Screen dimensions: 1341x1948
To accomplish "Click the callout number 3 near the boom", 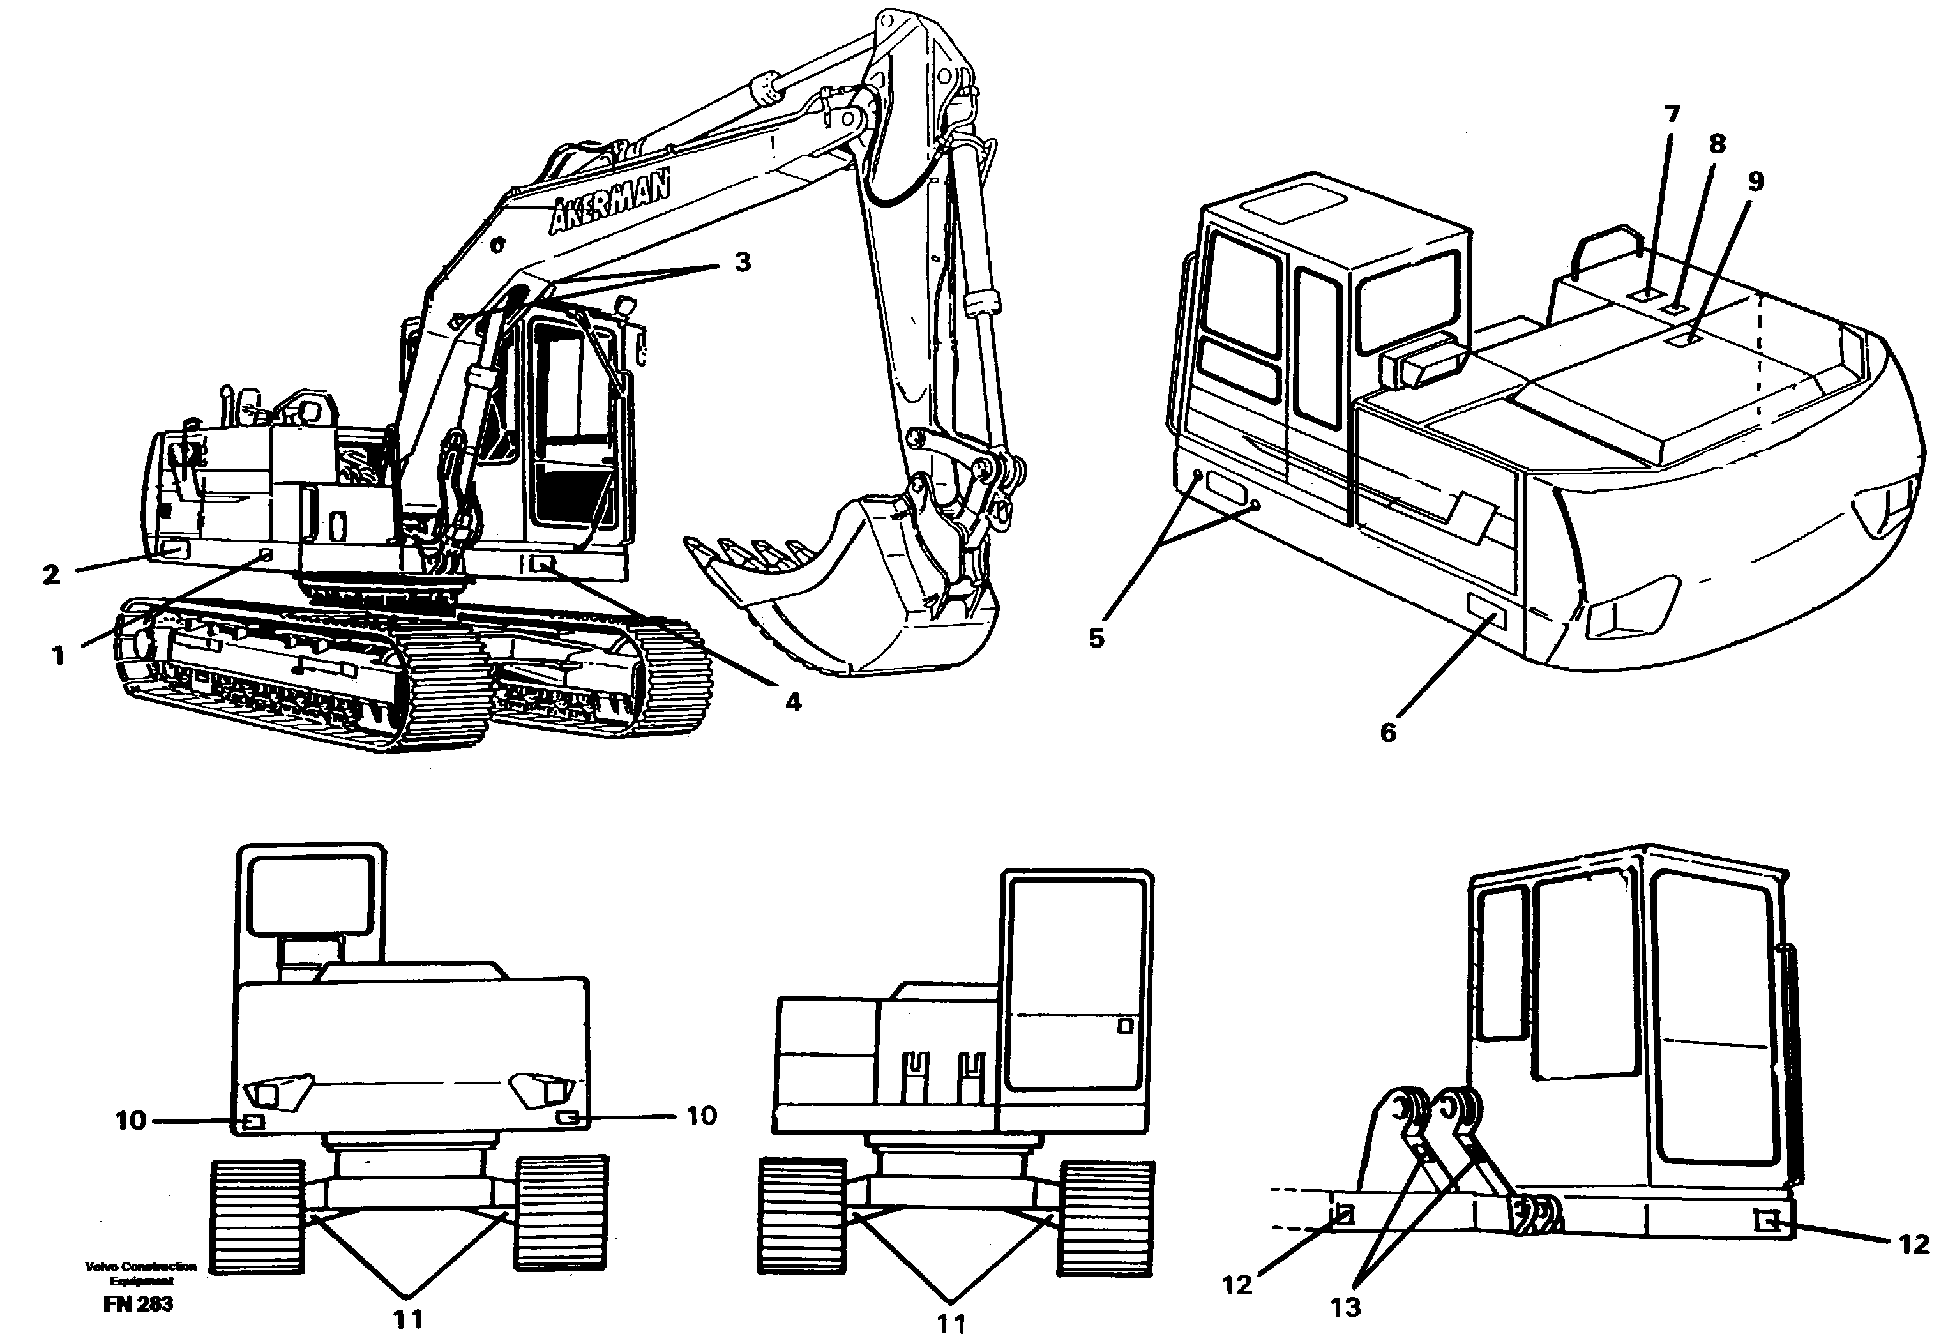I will [x=742, y=262].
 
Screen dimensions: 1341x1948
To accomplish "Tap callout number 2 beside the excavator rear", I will [x=51, y=575].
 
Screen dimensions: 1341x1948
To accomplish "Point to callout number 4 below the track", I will [x=793, y=702].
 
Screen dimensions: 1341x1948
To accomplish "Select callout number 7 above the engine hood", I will [x=1672, y=114].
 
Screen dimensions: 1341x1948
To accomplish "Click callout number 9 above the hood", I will [x=1756, y=181].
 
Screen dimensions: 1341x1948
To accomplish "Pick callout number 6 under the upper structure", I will [x=1387, y=732].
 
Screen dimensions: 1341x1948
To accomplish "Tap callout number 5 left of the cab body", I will [x=1096, y=639].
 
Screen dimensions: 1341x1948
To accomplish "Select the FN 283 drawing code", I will [x=139, y=1303].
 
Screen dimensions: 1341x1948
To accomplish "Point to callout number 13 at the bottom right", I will [x=1346, y=1307].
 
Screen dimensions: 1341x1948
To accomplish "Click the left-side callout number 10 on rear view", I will [x=131, y=1120].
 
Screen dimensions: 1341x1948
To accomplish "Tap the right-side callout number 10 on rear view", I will [x=702, y=1116].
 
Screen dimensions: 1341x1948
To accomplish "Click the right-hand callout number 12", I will [x=1914, y=1245].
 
